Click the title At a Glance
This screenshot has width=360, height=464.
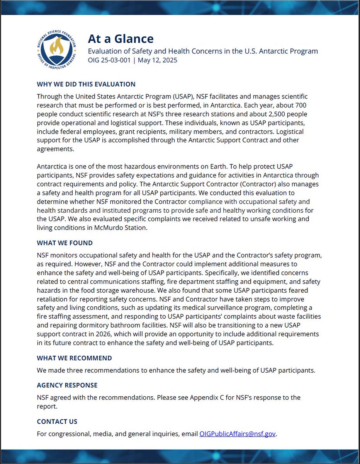coord(121,39)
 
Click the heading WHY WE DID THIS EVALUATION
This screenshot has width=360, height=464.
coord(86,84)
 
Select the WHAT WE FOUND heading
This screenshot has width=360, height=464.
coord(65,243)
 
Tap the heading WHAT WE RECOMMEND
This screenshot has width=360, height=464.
coord(74,358)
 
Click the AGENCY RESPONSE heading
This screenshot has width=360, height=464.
coord(67,385)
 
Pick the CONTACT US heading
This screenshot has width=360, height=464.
coord(57,421)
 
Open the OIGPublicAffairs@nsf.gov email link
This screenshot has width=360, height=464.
coord(237,434)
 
